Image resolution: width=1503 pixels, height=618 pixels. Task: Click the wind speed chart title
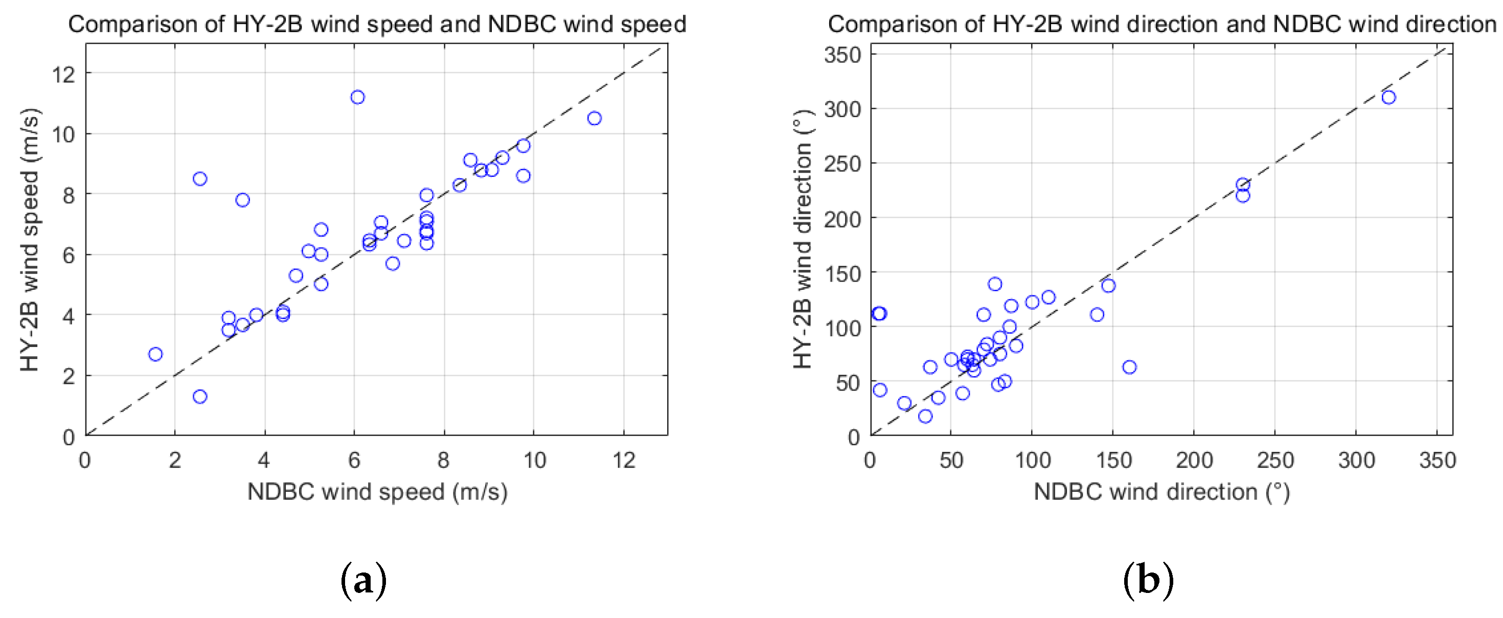tap(377, 25)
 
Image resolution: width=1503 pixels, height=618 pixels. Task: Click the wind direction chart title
tap(1161, 25)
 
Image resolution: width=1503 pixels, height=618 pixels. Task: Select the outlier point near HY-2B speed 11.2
tap(358, 97)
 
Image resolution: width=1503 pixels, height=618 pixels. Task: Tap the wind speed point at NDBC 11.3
tap(594, 119)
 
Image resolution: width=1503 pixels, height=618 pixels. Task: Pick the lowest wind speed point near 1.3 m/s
tap(200, 397)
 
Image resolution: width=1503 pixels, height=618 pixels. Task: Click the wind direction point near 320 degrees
tap(1388, 98)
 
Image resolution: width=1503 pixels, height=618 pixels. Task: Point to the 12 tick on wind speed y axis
tap(64, 74)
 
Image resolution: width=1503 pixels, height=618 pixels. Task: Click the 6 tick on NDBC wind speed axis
tap(354, 461)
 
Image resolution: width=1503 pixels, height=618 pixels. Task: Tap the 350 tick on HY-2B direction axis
tap(842, 55)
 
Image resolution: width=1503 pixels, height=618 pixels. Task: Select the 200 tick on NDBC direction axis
tap(1194, 461)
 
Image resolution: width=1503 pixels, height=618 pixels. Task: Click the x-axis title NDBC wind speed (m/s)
tap(377, 492)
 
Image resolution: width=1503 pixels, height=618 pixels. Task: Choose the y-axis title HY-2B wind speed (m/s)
tap(29, 240)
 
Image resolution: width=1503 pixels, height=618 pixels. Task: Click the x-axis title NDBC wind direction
tap(1161, 492)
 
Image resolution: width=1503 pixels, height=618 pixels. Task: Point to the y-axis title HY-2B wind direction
tap(803, 240)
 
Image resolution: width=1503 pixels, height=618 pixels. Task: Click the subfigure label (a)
tap(363, 580)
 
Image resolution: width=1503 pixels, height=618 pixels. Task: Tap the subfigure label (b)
tap(1148, 580)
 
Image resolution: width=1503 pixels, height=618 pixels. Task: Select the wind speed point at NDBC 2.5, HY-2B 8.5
tap(200, 178)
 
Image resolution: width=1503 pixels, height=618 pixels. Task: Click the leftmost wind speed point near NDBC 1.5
tap(155, 354)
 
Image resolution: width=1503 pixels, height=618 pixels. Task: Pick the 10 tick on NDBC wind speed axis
tap(534, 461)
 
